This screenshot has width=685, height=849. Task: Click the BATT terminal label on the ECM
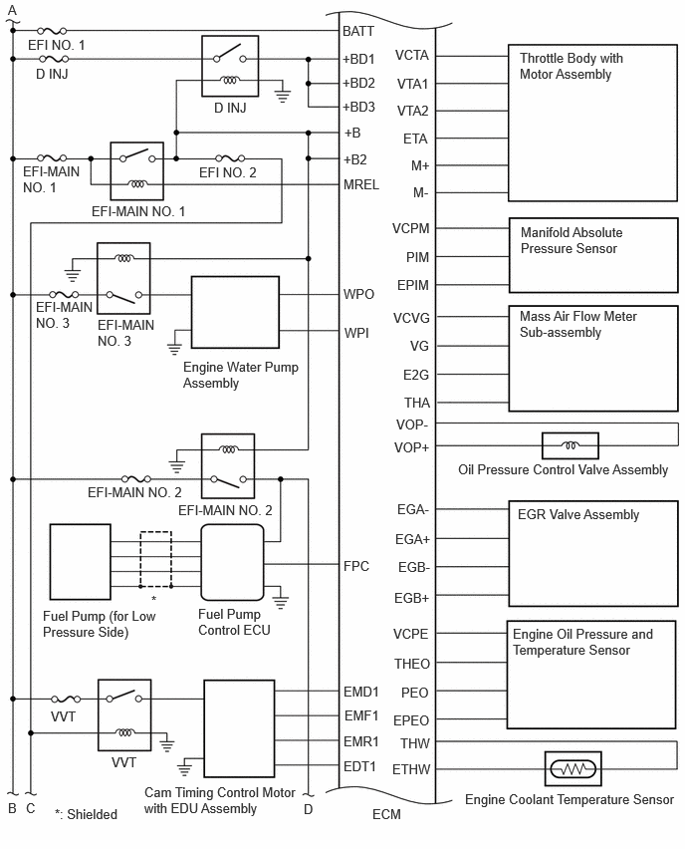[x=358, y=32]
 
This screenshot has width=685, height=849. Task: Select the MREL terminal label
[x=361, y=184]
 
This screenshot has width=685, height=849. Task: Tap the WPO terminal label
[x=358, y=294]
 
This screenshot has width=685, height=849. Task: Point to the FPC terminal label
[x=356, y=566]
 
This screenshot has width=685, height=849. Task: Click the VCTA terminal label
[x=412, y=55]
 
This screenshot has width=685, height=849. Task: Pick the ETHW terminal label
[x=411, y=769]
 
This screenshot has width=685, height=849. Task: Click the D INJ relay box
[x=230, y=66]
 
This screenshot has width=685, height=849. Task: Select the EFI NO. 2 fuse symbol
[x=230, y=158]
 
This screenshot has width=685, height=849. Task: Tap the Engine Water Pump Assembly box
[x=235, y=313]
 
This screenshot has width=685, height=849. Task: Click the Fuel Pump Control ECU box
[x=232, y=563]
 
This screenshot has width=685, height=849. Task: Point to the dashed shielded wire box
[x=156, y=559]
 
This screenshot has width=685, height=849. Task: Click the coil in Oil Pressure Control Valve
[x=570, y=445]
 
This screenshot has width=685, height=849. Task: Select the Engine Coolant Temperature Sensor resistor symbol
[x=573, y=769]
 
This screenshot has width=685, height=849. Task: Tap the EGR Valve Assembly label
[x=578, y=514]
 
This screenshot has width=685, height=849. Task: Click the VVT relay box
[x=124, y=715]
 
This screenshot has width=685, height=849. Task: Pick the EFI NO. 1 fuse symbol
[x=53, y=31]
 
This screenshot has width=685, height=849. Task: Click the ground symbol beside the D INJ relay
[x=283, y=96]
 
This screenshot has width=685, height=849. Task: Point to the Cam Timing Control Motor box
[x=239, y=728]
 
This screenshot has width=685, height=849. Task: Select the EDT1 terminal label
[x=359, y=766]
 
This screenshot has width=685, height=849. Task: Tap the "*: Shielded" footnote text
[x=86, y=814]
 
